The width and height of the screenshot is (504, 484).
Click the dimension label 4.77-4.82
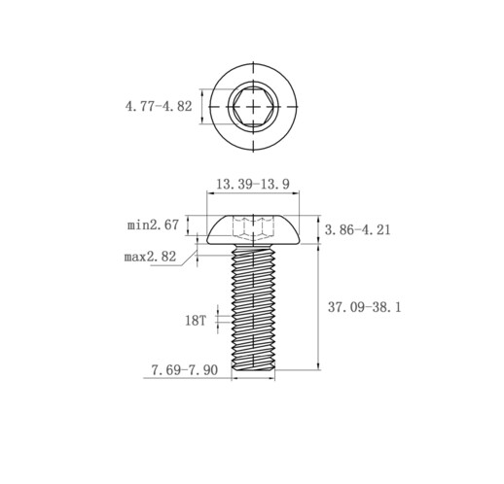pos(159,106)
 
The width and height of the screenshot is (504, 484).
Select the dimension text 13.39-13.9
pos(253,185)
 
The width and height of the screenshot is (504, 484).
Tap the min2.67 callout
pos(153,225)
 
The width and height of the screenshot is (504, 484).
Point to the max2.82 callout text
pos(150,257)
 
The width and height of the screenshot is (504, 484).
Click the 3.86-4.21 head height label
pos(358,230)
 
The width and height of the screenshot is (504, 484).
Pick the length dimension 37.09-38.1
pos(365,307)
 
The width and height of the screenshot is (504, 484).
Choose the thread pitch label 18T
pos(196,321)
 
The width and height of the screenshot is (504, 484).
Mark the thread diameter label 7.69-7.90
pos(185,370)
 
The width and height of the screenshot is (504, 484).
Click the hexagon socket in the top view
pos(253,106)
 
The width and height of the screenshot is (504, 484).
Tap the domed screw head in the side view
pos(253,229)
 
